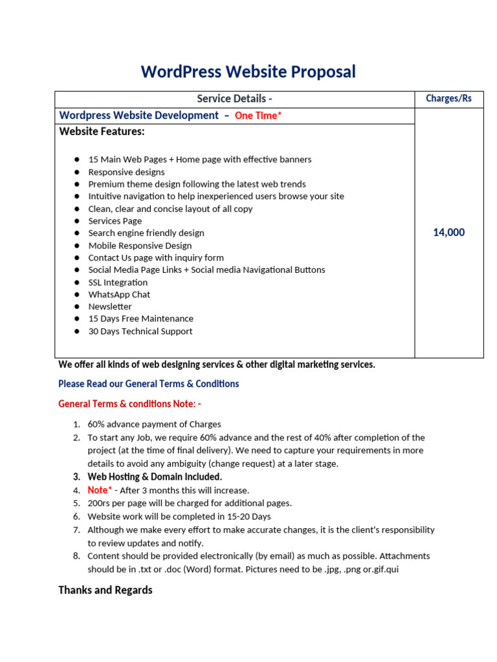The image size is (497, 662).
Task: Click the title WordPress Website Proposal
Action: point(248,72)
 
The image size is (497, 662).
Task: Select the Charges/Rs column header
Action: point(448,99)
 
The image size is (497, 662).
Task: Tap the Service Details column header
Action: point(234,99)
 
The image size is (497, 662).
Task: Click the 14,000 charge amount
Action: point(448,233)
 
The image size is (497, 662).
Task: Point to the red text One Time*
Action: point(258,116)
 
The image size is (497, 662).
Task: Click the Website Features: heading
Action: point(102,132)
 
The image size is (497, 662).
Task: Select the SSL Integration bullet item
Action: point(118,283)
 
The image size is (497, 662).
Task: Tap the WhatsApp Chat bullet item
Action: point(119,295)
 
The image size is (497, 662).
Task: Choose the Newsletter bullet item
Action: point(110,306)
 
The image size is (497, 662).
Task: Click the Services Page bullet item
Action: point(115,221)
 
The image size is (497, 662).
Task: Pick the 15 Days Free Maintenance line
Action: point(140,319)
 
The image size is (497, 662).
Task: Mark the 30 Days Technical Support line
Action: point(140,332)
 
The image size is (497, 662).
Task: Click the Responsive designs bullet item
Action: point(126,172)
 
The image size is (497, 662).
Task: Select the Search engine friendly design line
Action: point(146,233)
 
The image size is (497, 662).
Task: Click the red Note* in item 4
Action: point(100,490)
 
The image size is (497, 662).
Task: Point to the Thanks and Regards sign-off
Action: point(105,590)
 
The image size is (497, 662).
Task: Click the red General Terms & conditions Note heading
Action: point(129,404)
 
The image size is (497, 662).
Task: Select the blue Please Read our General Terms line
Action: point(148,384)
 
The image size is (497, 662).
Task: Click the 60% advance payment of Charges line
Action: point(154,425)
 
